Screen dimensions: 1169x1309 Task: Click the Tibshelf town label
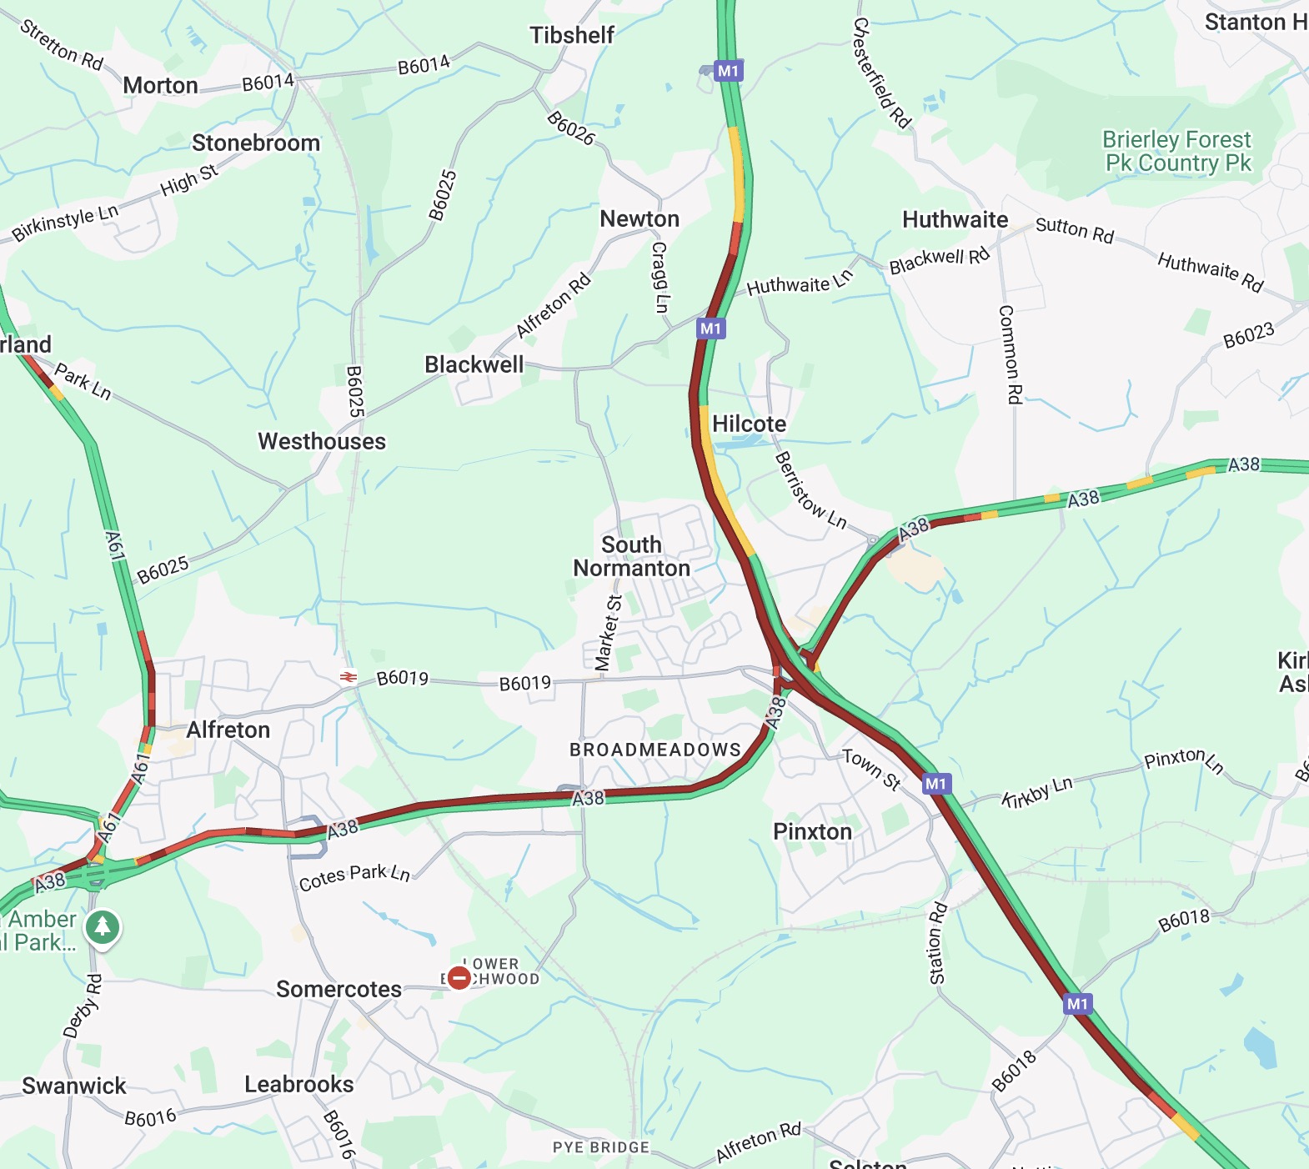(572, 35)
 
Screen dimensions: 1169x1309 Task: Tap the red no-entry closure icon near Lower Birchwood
(459, 977)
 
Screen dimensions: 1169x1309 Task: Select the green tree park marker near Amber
(103, 926)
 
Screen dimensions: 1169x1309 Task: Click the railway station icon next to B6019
(349, 678)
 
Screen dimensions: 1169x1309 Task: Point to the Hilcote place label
(749, 424)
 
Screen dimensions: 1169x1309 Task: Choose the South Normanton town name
(631, 556)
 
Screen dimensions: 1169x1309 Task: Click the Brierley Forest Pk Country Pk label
(1177, 151)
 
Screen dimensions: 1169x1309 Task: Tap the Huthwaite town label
(955, 219)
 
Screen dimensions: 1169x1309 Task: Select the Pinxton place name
(812, 831)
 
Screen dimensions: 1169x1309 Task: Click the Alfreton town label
(228, 730)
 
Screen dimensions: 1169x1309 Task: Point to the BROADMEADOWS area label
(655, 750)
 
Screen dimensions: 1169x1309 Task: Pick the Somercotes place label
(339, 989)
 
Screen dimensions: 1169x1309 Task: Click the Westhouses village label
(322, 441)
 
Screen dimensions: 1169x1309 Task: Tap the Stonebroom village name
(256, 143)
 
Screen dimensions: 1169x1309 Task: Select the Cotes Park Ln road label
(354, 877)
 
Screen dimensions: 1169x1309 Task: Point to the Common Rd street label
(1010, 354)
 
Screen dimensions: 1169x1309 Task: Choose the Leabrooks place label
(298, 1084)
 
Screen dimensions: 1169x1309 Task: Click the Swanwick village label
(74, 1086)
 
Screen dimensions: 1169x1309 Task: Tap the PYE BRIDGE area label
(600, 1147)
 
